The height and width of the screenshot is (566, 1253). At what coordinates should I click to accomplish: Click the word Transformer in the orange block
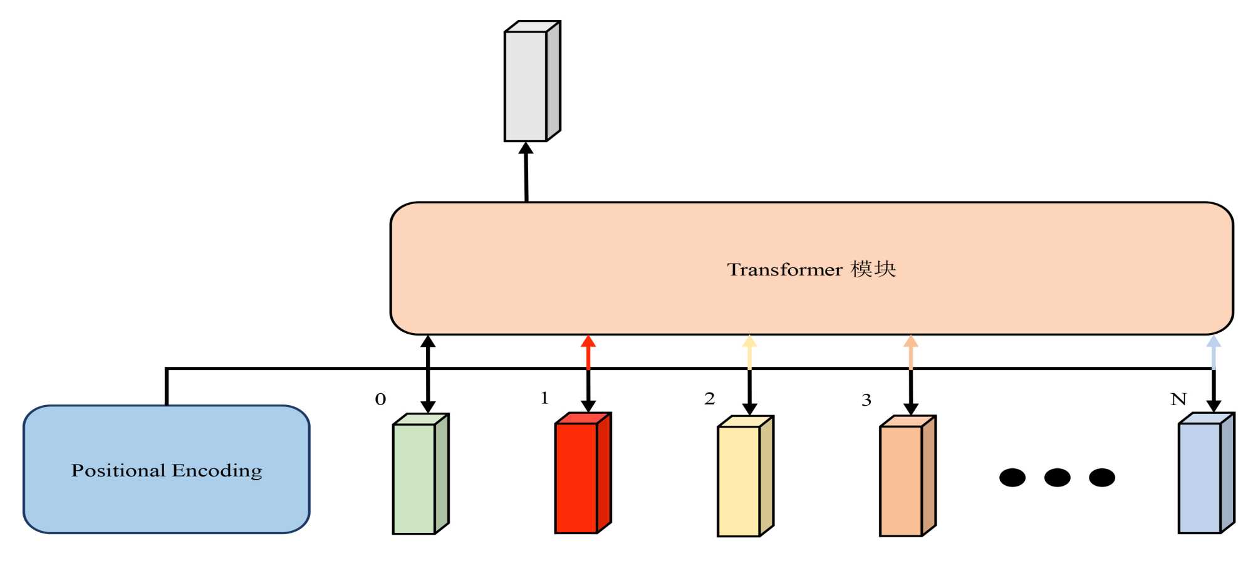pos(784,270)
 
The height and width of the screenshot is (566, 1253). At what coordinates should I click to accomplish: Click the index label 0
pos(380,399)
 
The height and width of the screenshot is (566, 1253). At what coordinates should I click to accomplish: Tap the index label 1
pos(544,398)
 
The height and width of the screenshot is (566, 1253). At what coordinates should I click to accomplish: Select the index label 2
pos(709,399)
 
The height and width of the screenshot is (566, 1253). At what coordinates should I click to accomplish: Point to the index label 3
pos(866,400)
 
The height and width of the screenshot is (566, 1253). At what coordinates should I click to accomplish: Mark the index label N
pos(1178,399)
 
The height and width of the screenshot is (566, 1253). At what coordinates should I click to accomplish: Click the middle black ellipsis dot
pos(1057,478)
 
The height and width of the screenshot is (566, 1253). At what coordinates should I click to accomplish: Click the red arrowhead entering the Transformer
pos(588,342)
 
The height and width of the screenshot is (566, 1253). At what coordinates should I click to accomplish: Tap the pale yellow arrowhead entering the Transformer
pos(749,342)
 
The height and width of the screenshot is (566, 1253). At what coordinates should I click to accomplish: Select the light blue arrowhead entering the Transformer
pos(1214,342)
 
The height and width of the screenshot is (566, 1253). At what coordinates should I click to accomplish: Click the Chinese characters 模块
pos(873,269)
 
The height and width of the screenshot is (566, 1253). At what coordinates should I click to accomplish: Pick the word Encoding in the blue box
pos(217,471)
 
